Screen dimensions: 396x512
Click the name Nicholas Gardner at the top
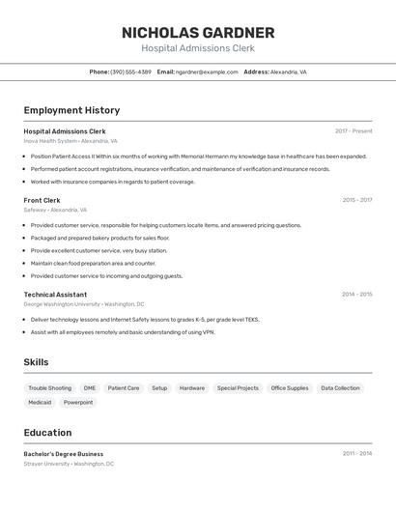[197, 33]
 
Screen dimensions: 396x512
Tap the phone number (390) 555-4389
[130, 71]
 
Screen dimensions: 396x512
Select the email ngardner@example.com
[207, 71]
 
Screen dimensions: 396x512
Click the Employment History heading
[71, 110]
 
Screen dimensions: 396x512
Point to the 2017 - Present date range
[354, 131]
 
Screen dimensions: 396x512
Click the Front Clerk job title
[42, 200]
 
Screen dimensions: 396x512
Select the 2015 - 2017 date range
[356, 200]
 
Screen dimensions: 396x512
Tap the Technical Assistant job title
[55, 295]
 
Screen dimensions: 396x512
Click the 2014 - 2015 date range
[356, 295]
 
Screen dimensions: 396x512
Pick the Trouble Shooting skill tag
[49, 388]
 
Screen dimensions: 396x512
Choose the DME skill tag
[90, 388]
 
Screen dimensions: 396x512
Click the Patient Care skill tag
[124, 388]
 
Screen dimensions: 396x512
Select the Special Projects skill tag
[238, 388]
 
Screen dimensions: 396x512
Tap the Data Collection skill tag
[340, 388]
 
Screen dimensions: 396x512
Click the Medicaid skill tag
[40, 402]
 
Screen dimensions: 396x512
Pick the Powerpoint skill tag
[78, 402]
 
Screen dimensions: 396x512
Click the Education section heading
[47, 433]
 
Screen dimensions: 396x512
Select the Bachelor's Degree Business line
[63, 454]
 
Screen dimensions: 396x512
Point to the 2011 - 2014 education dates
[356, 453]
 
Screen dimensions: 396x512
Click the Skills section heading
[36, 362]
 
